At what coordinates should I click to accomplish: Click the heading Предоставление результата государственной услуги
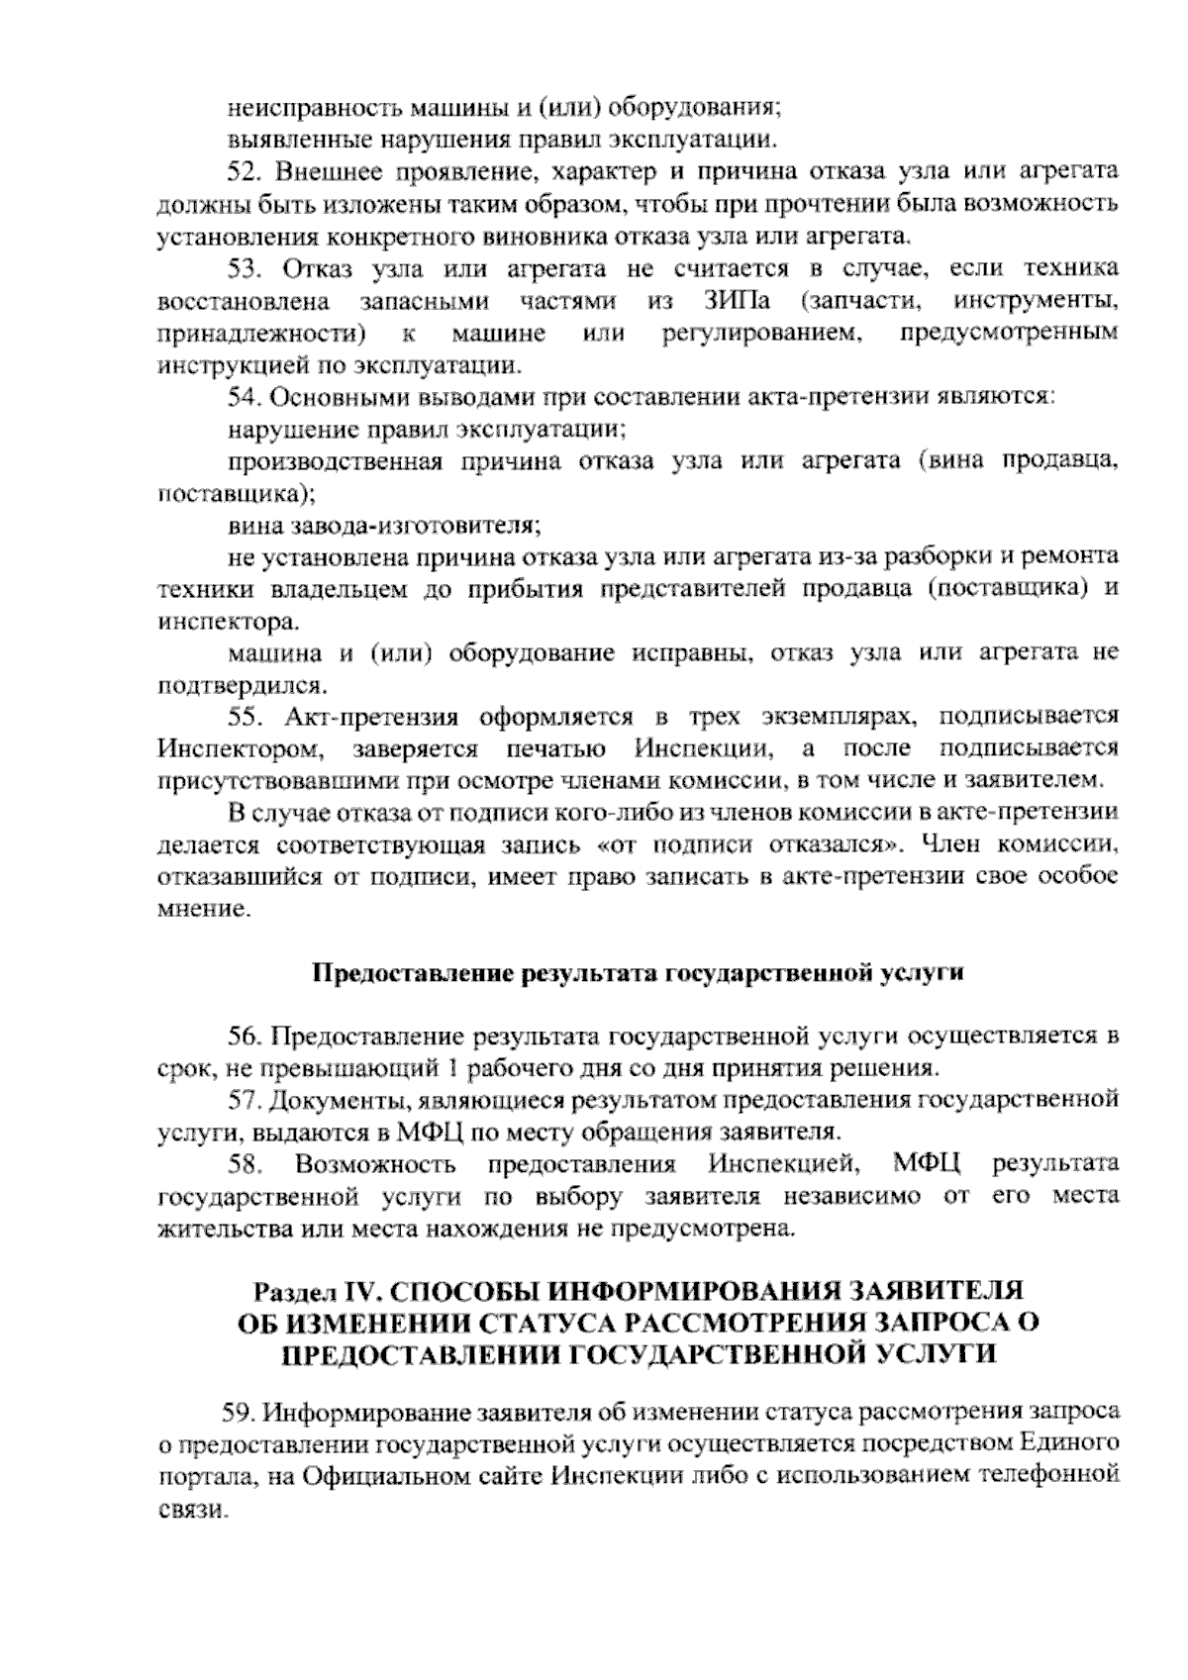(638, 972)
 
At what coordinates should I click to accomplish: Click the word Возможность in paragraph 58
(375, 1163)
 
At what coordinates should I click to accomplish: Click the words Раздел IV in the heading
(310, 1291)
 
